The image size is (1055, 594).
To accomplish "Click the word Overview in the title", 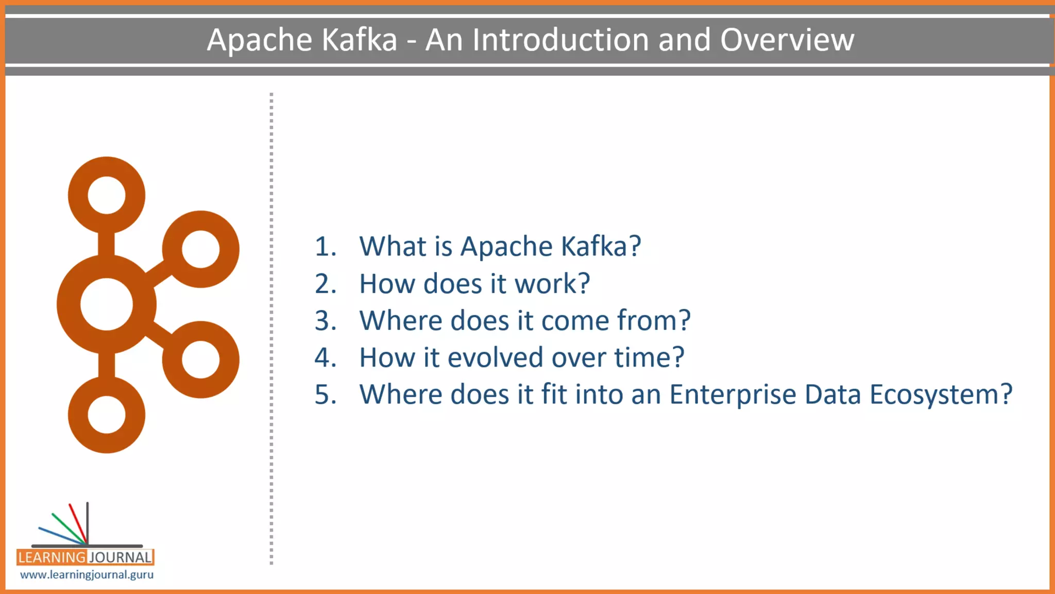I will click(787, 40).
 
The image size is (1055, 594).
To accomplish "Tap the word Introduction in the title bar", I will click(560, 40).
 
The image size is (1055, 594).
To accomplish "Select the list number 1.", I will click(325, 246).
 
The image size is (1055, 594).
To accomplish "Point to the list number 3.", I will click(325, 321).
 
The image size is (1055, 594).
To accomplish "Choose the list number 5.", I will click(325, 394).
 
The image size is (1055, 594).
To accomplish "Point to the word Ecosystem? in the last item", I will click(941, 395).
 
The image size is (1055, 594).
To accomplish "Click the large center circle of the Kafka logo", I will click(107, 304).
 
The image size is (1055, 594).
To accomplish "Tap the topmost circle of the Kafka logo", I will click(107, 195).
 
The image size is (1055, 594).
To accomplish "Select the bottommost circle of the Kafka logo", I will click(107, 415).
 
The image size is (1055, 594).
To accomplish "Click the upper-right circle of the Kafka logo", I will click(201, 249).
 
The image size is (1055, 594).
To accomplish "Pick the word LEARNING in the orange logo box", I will click(51, 557).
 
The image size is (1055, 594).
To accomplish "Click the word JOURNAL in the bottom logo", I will click(121, 557).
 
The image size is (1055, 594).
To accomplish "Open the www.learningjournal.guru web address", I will click(87, 574).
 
